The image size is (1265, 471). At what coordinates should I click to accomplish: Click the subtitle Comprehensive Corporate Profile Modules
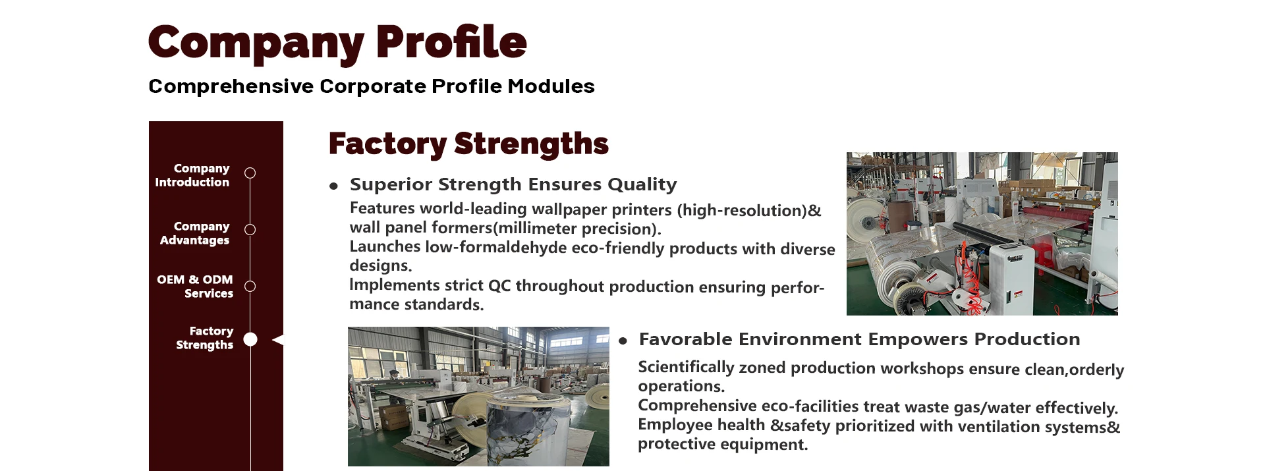(x=372, y=86)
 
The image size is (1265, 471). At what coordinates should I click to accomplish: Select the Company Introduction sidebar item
(x=192, y=175)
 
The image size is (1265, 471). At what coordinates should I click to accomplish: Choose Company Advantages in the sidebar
(x=195, y=233)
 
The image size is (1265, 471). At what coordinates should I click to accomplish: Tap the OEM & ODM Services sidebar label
(x=195, y=287)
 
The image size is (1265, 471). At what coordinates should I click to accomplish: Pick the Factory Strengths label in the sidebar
(x=205, y=338)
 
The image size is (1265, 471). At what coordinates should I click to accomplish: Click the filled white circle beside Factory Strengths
(x=250, y=339)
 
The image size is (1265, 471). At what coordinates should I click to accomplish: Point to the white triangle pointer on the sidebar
(x=278, y=340)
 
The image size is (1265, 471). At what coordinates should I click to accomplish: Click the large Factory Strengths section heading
(x=468, y=144)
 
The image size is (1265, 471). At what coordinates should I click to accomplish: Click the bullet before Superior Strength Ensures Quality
(x=333, y=186)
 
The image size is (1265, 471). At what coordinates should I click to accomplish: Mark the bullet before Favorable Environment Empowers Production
(x=623, y=341)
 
